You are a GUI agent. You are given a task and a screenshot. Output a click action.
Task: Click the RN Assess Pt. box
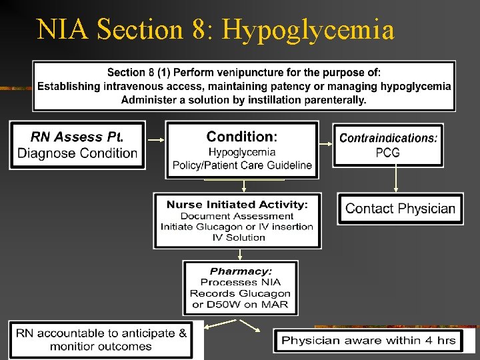pyautogui.click(x=77, y=145)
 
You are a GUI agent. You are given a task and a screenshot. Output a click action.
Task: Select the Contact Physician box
pyautogui.click(x=400, y=209)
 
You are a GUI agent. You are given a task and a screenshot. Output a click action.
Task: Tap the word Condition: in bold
pyautogui.click(x=242, y=137)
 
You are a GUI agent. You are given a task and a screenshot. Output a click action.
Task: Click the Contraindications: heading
pyautogui.click(x=389, y=138)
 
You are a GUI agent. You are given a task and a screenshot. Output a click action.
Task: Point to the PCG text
pyautogui.click(x=388, y=153)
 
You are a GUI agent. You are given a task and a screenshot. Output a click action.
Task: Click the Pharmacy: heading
pyautogui.click(x=241, y=271)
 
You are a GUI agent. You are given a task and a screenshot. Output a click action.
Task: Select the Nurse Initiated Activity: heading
pyautogui.click(x=237, y=205)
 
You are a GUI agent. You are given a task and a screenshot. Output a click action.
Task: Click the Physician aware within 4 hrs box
pyautogui.click(x=369, y=341)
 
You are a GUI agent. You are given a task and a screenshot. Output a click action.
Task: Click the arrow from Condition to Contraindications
pyautogui.click(x=326, y=141)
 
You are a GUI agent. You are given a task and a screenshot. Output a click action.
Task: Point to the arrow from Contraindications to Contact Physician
pyautogui.click(x=397, y=178)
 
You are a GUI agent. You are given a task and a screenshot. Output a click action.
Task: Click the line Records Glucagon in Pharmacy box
pyautogui.click(x=241, y=293)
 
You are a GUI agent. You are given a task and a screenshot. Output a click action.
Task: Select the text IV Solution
pyautogui.click(x=238, y=237)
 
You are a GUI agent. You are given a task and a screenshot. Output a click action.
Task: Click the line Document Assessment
pyautogui.click(x=237, y=216)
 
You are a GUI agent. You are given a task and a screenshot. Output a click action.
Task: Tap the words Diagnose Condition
pyautogui.click(x=77, y=153)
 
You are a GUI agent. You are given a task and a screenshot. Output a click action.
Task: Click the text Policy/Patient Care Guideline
pyautogui.click(x=242, y=165)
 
